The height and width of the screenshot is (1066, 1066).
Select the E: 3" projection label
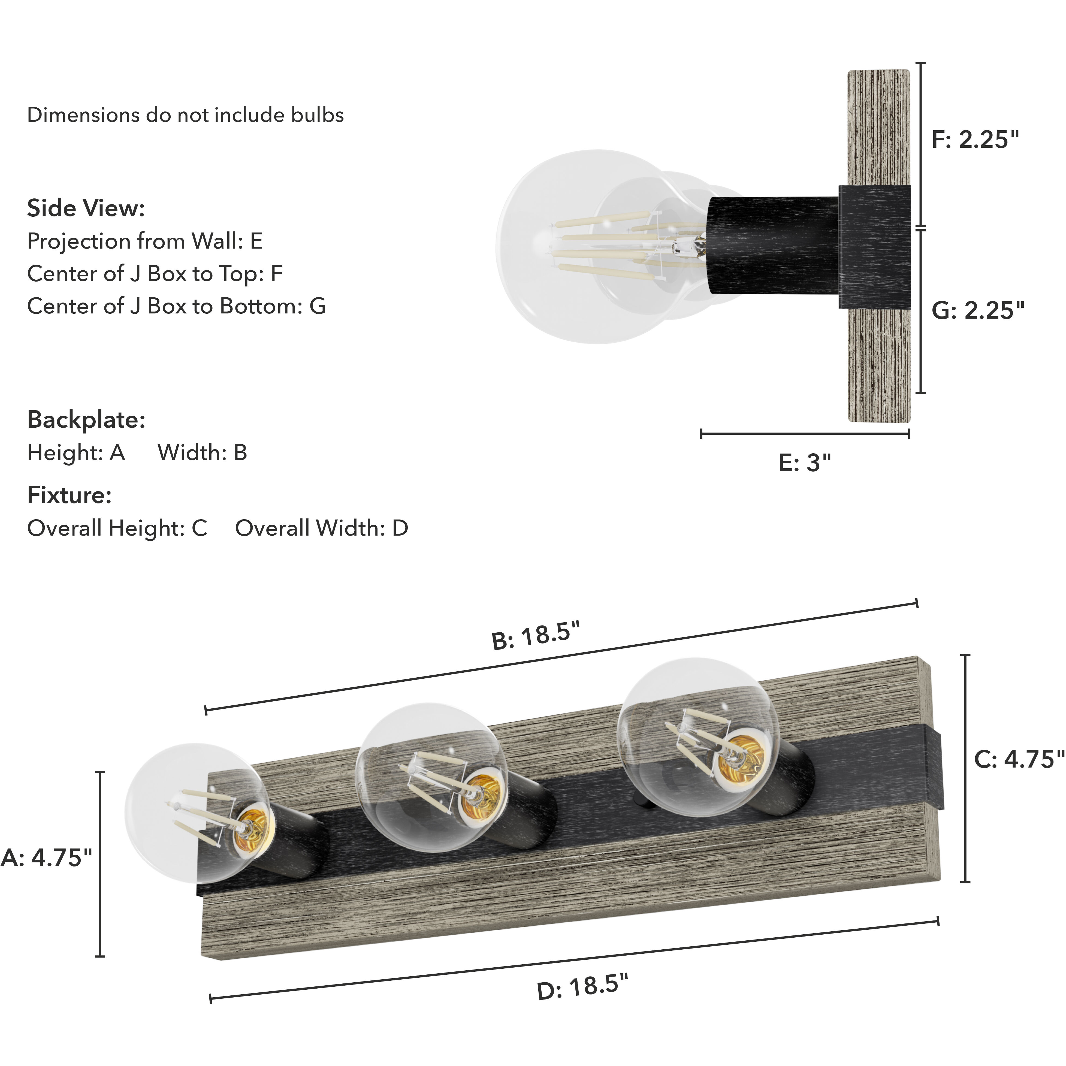(804, 462)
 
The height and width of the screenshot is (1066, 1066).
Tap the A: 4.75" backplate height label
(47, 857)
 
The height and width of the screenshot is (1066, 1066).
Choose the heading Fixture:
(70, 496)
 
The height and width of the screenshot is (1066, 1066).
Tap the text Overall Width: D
(322, 528)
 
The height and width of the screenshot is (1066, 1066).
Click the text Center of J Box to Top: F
(155, 274)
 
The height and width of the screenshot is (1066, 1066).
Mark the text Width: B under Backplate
(203, 452)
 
